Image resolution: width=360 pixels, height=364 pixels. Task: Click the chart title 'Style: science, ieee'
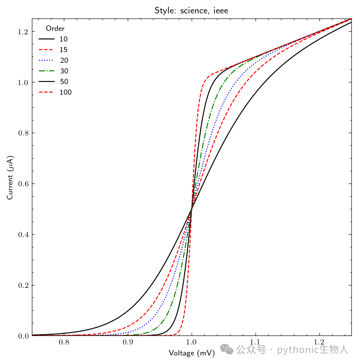pyautogui.click(x=191, y=10)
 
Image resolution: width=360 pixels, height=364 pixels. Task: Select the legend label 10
pyautogui.click(x=64, y=39)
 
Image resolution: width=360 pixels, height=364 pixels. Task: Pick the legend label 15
pyautogui.click(x=64, y=50)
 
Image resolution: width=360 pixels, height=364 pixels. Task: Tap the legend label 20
pyautogui.click(x=64, y=60)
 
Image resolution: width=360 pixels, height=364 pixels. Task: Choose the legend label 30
pyautogui.click(x=64, y=71)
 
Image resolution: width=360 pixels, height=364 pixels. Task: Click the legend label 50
pyautogui.click(x=64, y=82)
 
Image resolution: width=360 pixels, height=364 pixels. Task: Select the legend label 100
pyautogui.click(x=66, y=92)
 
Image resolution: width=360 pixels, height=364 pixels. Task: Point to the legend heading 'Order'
pyautogui.click(x=55, y=28)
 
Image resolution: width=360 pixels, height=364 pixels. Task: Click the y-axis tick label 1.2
pyautogui.click(x=23, y=32)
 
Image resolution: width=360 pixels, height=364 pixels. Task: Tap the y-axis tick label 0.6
pyautogui.click(x=23, y=184)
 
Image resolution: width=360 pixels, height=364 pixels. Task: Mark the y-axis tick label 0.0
pyautogui.click(x=23, y=336)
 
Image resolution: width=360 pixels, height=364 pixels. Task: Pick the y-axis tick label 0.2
pyautogui.click(x=23, y=285)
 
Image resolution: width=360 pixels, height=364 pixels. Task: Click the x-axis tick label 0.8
pyautogui.click(x=64, y=342)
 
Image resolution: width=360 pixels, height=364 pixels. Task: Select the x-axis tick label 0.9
pyautogui.click(x=128, y=342)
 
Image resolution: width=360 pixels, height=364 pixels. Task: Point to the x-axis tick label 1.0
pyautogui.click(x=191, y=342)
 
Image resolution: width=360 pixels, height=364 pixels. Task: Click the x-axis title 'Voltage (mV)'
pyautogui.click(x=192, y=353)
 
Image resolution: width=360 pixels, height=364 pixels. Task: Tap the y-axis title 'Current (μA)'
pyautogui.click(x=10, y=178)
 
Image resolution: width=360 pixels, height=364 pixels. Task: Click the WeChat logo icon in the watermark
pyautogui.click(x=227, y=349)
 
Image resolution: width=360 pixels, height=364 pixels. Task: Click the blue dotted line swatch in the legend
pyautogui.click(x=46, y=60)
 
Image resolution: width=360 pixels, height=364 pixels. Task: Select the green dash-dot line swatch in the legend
pyautogui.click(x=46, y=71)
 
